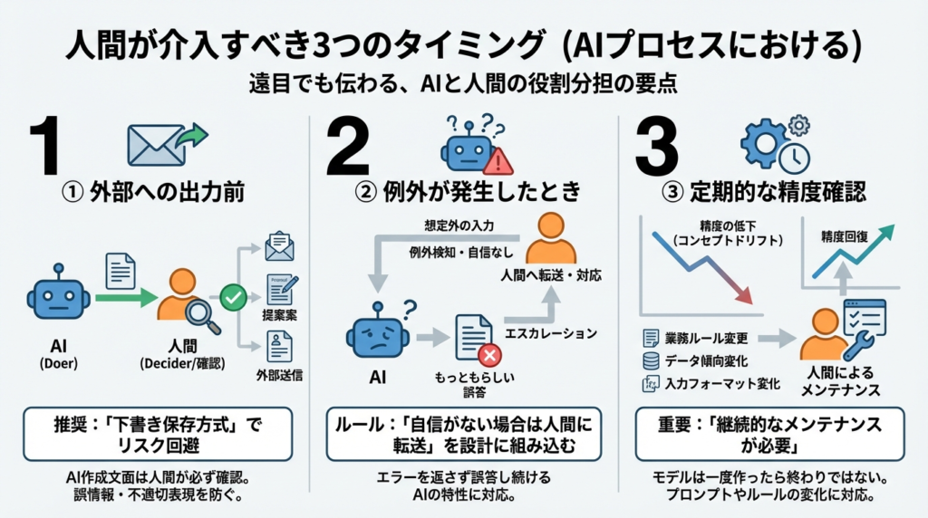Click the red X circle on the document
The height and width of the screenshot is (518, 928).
point(491,354)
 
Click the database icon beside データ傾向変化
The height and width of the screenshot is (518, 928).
point(650,361)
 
